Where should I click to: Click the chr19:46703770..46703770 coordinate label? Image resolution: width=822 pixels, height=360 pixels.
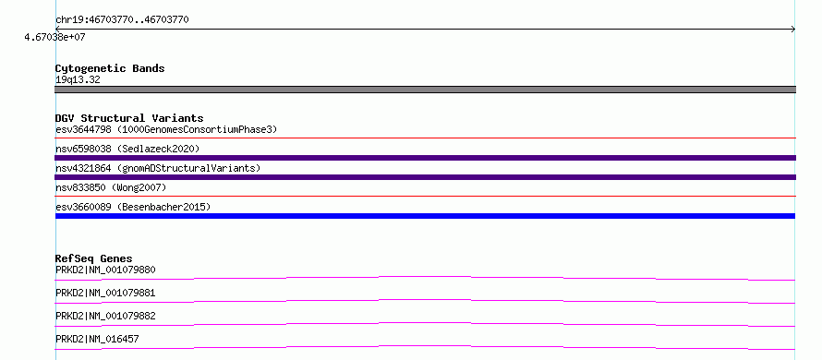[122, 20]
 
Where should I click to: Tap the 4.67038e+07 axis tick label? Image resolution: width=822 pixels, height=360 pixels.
[55, 38]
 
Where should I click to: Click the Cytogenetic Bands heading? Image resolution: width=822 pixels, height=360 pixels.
[110, 68]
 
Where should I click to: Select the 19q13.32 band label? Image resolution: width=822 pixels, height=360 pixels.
[78, 80]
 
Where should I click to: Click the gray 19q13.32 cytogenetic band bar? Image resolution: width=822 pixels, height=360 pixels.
[425, 90]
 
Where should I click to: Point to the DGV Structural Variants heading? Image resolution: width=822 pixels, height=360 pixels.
[129, 118]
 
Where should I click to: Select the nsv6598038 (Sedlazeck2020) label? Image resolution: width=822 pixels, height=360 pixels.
[127, 149]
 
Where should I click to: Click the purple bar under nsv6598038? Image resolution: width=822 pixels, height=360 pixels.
[425, 158]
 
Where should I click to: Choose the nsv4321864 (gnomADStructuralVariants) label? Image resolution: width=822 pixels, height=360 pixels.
[158, 168]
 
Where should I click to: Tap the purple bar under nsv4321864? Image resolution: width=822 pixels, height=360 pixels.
[425, 177]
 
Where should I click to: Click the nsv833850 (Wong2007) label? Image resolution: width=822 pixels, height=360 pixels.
[111, 187]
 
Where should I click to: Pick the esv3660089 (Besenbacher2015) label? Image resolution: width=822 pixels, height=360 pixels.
[133, 207]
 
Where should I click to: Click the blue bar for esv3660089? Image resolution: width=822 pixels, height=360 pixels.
[425, 216]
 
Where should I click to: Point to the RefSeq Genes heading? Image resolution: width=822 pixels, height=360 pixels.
[94, 258]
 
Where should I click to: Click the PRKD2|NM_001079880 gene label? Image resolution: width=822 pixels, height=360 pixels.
[105, 270]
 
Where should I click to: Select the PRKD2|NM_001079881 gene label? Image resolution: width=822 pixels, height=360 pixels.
[105, 293]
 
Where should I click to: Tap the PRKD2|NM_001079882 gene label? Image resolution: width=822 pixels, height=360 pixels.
[105, 316]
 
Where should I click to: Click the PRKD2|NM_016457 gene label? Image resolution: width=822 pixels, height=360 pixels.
[97, 339]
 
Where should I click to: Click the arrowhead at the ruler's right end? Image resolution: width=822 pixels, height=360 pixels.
[794, 30]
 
